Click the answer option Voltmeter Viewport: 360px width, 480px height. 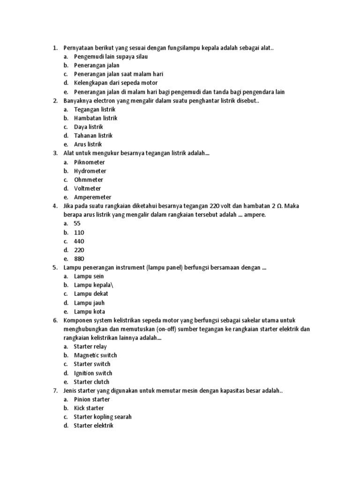[87, 188]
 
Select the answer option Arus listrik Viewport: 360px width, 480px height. [88, 144]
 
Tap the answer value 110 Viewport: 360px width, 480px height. [79, 232]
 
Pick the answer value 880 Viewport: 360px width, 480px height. [79, 259]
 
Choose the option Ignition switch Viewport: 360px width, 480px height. [93, 373]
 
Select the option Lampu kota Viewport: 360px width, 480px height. [89, 312]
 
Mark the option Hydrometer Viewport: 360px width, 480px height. [90, 171]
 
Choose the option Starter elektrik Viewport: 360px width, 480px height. [93, 426]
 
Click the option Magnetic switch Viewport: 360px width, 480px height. [95, 355]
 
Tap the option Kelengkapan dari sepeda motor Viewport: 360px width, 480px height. [116, 83]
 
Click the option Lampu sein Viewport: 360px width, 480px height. [89, 277]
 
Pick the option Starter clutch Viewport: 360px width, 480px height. [91, 382]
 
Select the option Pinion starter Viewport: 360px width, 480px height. [92, 399]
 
